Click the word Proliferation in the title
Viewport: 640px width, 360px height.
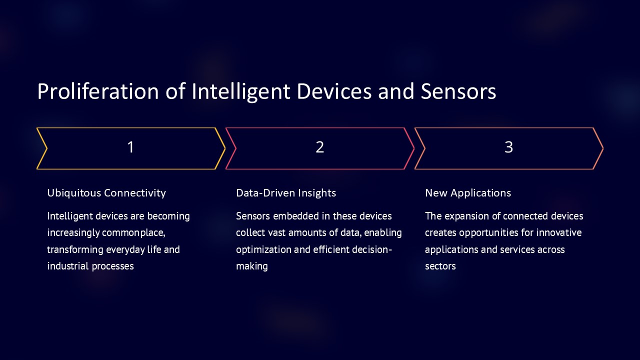(98, 91)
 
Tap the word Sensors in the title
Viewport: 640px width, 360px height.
(458, 91)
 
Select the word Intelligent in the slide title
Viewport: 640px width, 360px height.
(241, 92)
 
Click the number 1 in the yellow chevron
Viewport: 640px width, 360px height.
(130, 147)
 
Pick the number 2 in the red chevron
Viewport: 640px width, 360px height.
(319, 147)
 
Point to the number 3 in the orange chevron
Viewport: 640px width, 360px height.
(509, 147)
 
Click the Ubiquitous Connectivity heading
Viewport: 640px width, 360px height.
(106, 193)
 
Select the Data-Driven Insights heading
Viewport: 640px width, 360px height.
(286, 193)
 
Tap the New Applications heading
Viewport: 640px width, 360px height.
(468, 193)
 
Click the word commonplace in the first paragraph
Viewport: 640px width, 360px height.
(133, 233)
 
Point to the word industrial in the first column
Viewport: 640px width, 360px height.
(68, 266)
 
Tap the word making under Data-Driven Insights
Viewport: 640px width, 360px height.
(252, 266)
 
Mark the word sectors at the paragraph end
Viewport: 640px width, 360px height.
(440, 266)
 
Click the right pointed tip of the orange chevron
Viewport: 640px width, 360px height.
(603, 148)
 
